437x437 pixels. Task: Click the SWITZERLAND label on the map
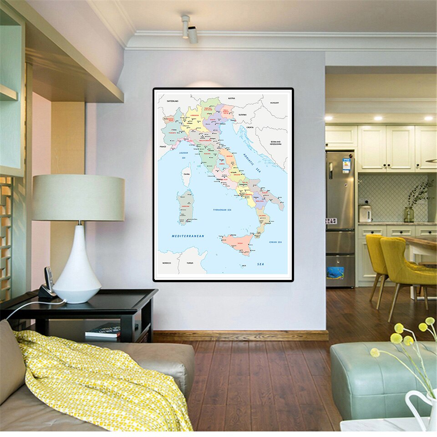tap(172, 100)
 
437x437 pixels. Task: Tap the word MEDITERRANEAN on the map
tap(188, 236)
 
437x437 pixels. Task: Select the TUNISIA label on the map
tap(190, 263)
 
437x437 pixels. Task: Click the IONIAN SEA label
tap(275, 242)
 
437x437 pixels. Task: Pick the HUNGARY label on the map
tap(274, 103)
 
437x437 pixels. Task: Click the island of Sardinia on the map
tap(186, 208)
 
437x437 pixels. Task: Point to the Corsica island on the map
tap(187, 176)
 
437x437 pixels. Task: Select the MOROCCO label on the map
tap(166, 263)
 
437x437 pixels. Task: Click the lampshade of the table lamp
tap(78, 198)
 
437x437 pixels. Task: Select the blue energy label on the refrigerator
tap(346, 165)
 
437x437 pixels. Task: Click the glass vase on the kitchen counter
tap(409, 214)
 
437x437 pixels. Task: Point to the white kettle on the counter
tap(365, 213)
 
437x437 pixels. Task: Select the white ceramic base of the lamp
tap(77, 269)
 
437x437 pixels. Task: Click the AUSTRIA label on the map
tap(231, 98)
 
